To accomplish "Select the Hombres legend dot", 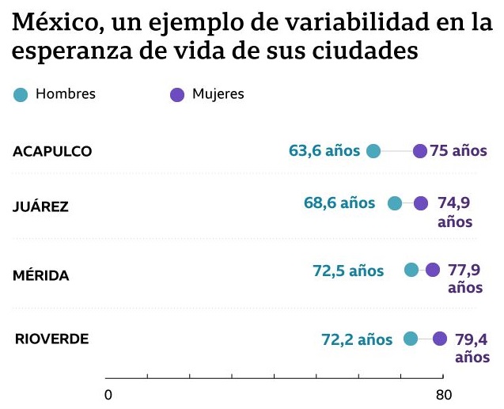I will (21, 95).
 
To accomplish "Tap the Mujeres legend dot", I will (177, 95).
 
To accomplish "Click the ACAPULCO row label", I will (52, 151).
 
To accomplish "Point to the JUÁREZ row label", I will (40, 207).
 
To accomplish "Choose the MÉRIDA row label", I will (41, 275).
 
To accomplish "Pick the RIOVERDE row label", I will (51, 339).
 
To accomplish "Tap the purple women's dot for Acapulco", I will (420, 151).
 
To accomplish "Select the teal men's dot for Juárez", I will (395, 203).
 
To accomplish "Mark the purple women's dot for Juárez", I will (421, 203).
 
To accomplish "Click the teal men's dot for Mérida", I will (411, 271).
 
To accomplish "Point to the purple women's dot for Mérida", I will (433, 271).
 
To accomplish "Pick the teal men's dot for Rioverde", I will (411, 339).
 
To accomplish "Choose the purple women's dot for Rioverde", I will (440, 339).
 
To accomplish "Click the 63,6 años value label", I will (324, 150).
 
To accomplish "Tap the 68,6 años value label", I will (339, 203).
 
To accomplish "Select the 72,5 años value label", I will (348, 271).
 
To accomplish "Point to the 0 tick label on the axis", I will (108, 395).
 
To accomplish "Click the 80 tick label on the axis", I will (443, 395).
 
